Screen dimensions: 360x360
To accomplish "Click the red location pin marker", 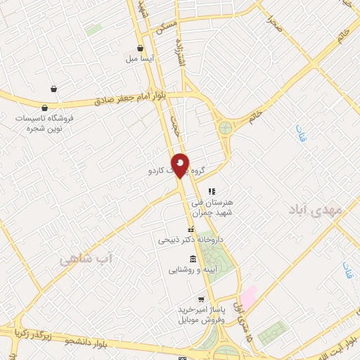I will tap(181, 165).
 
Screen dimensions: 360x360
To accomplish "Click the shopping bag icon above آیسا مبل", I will tap(141, 49).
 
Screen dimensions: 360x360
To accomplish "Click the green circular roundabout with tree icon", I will tap(225, 128).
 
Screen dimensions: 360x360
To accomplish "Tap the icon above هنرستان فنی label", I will tap(212, 191).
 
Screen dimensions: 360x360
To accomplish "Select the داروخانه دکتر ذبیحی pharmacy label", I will tap(190, 240).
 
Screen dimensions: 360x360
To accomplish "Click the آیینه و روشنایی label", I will tap(193, 269).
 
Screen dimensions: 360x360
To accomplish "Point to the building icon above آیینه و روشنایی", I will tap(193, 259).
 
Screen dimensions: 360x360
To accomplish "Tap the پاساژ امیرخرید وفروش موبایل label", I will tap(200, 314).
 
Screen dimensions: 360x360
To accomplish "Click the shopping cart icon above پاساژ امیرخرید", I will tap(201, 299).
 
